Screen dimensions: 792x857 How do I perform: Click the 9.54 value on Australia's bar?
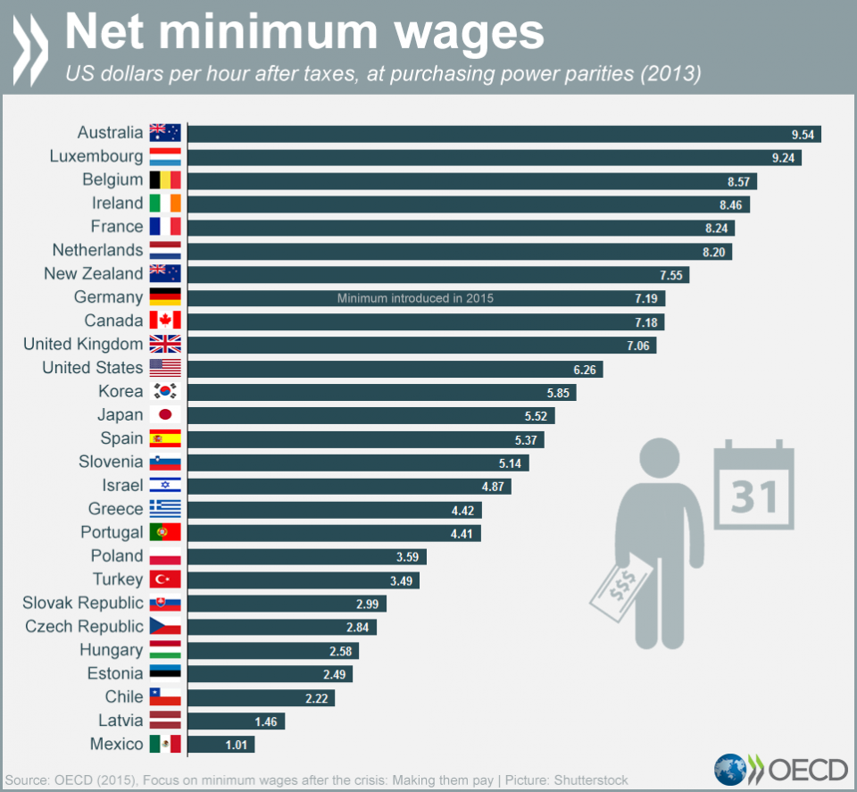click(802, 134)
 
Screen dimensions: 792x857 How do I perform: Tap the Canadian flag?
click(165, 321)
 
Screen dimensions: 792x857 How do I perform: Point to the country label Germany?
click(108, 297)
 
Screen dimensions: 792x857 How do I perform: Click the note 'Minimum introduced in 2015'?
click(415, 298)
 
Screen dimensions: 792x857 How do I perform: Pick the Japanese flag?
click(165, 414)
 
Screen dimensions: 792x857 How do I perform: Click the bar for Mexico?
click(220, 745)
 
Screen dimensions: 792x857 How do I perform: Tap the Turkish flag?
click(165, 579)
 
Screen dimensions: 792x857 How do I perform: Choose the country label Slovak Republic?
click(83, 603)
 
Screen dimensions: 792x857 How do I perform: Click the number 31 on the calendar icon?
click(754, 496)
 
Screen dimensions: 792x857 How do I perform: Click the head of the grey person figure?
click(661, 456)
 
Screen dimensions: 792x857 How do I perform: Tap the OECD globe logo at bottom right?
click(731, 770)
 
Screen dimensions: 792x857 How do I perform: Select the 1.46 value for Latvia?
click(265, 721)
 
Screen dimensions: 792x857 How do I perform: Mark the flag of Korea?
click(165, 391)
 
